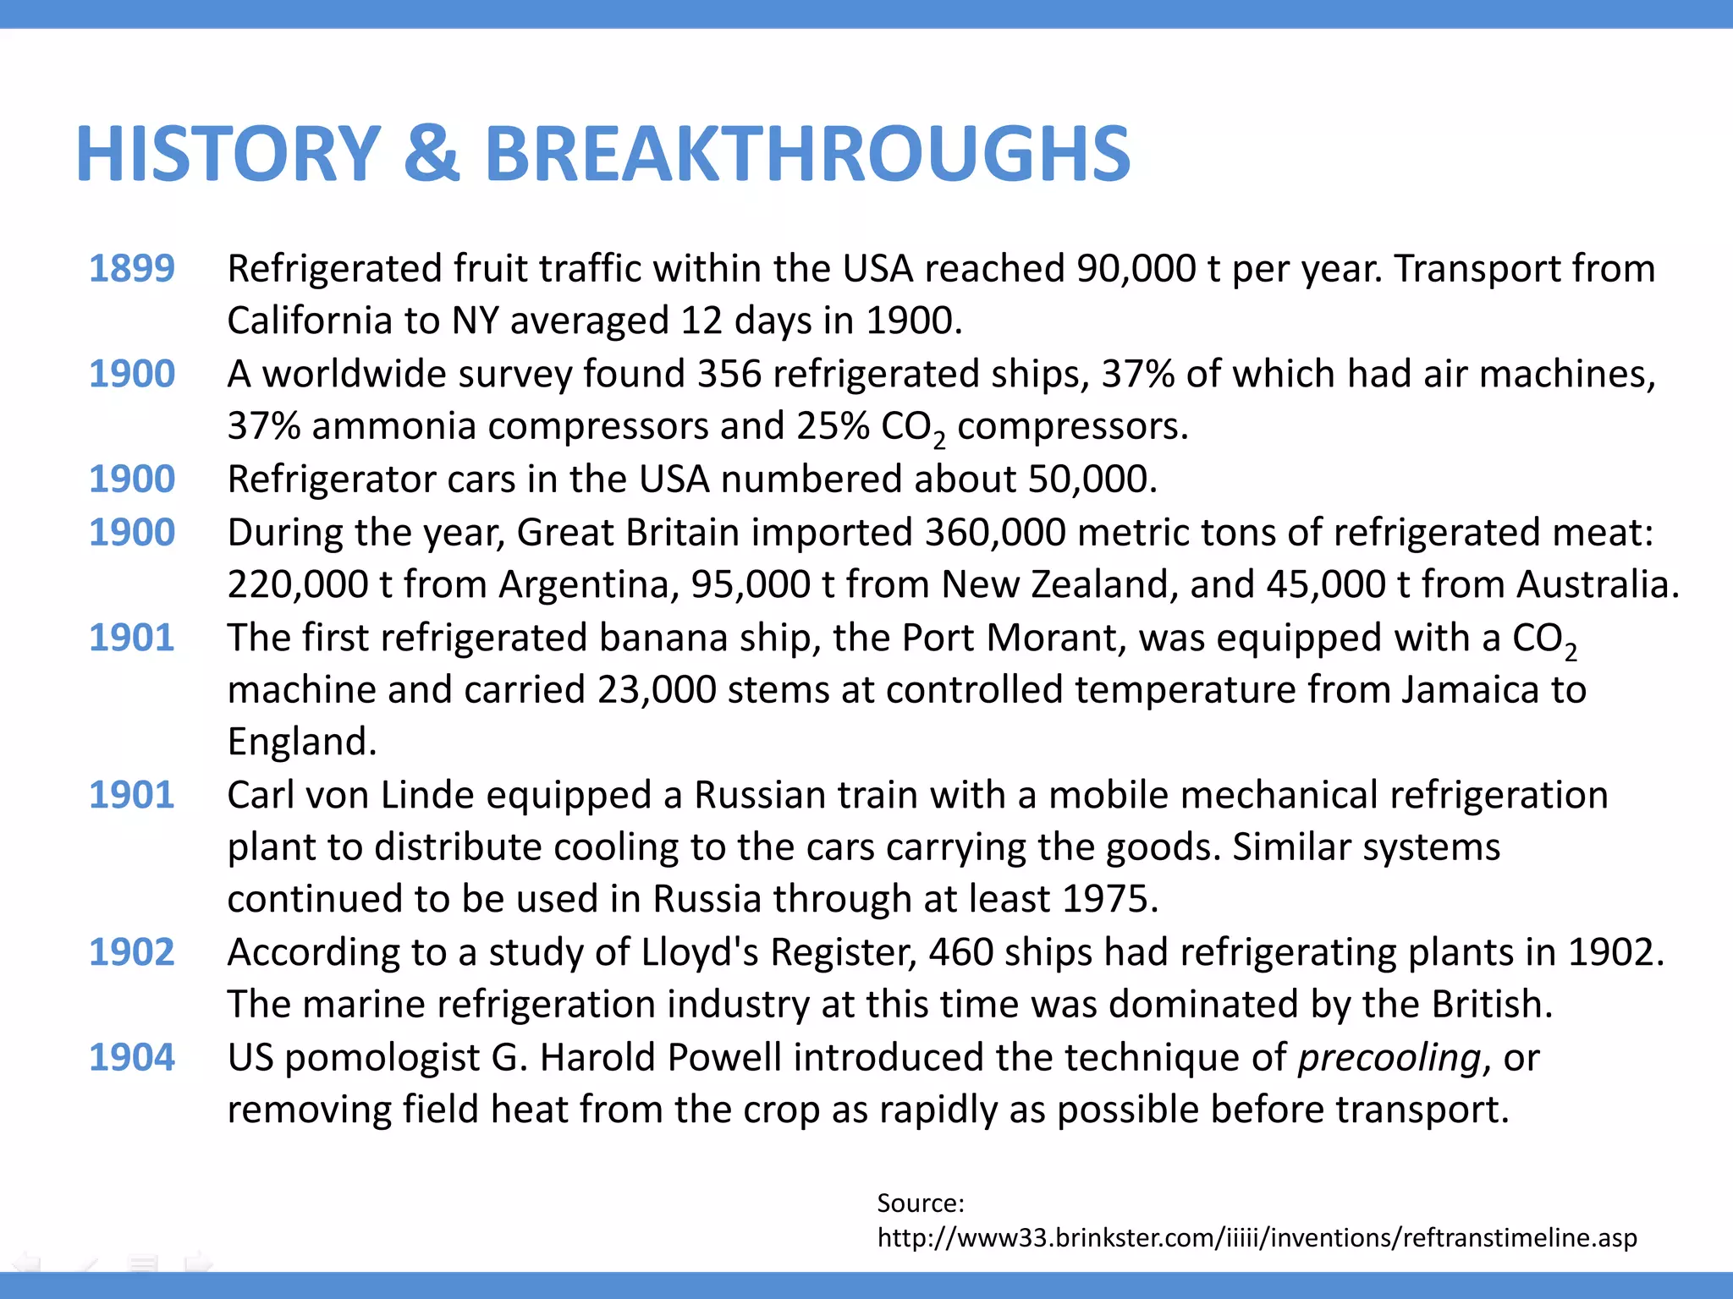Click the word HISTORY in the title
228,154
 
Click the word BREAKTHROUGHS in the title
807,154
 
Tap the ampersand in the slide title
432,154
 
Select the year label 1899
132,269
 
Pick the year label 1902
132,952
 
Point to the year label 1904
132,1057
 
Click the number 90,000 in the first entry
1136,269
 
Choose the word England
301,742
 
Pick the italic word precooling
1389,1058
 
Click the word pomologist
382,1058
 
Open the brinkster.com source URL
1257,1238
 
